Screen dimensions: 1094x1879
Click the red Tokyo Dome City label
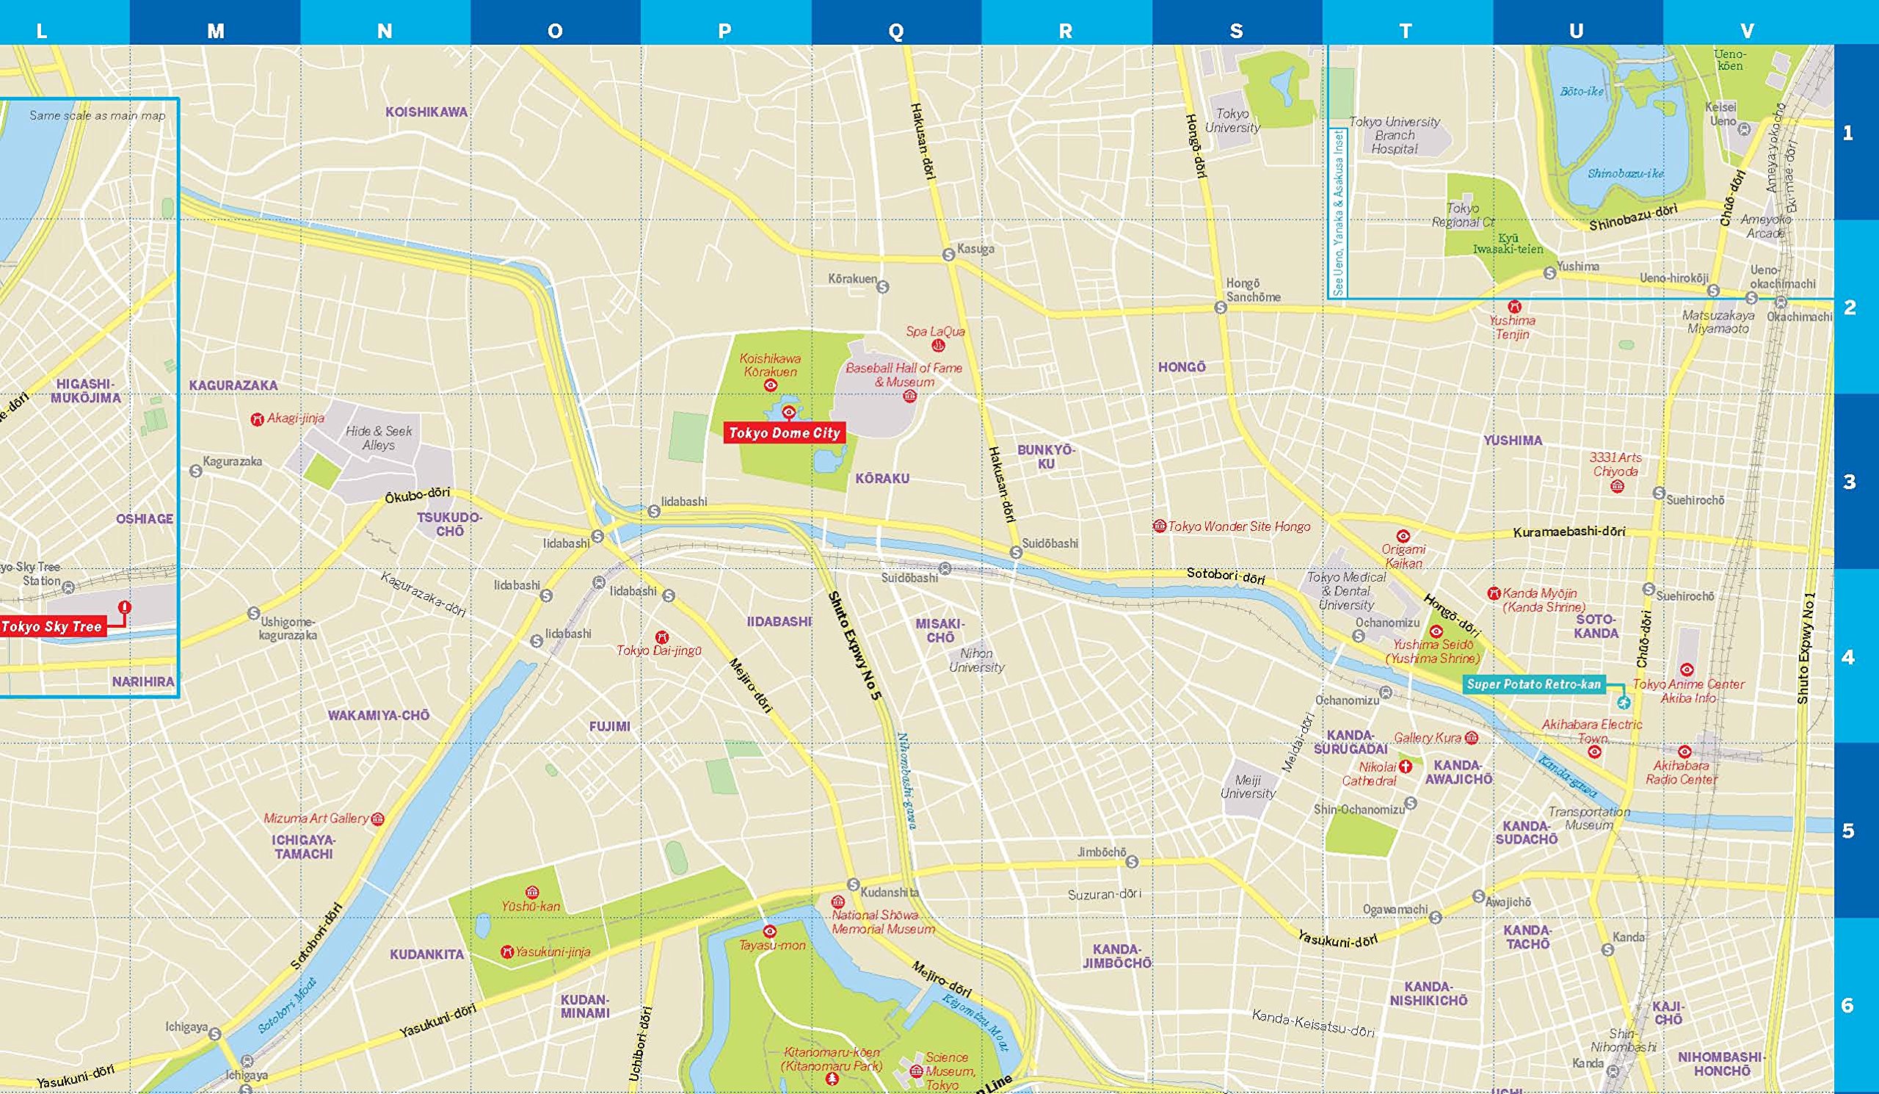(x=785, y=432)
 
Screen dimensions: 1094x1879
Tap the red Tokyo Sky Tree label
(x=51, y=626)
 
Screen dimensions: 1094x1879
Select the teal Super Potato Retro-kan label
(x=1533, y=684)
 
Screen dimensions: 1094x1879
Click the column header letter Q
(x=896, y=31)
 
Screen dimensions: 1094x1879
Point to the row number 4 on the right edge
(x=1847, y=657)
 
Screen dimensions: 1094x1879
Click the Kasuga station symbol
(x=948, y=254)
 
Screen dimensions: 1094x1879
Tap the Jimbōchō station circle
(x=1132, y=862)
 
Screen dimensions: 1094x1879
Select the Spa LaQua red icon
(x=938, y=345)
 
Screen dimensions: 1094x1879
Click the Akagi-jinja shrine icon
(x=257, y=419)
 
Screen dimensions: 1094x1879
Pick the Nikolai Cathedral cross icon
(x=1406, y=766)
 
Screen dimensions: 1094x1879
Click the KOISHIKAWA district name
(x=426, y=112)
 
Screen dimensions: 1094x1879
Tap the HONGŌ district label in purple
(x=1181, y=367)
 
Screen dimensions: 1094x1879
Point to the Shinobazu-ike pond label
(x=1626, y=173)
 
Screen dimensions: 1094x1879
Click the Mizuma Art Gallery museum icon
(x=377, y=819)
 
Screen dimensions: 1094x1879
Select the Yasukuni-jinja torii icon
(x=507, y=952)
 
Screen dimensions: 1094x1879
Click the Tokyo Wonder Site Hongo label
(x=1237, y=526)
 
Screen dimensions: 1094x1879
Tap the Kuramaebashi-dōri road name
(x=1569, y=532)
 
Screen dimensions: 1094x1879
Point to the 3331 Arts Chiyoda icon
(x=1617, y=486)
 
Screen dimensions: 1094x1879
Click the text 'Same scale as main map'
(x=97, y=115)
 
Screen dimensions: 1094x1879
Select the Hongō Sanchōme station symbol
(x=1221, y=308)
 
